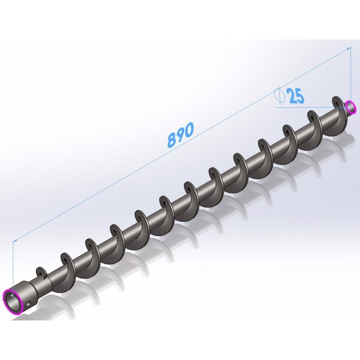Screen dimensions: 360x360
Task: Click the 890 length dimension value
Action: [181, 135]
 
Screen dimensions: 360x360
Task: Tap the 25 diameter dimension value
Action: [296, 96]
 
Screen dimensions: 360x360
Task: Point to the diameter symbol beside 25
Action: [280, 94]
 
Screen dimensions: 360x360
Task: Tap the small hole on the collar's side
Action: [28, 305]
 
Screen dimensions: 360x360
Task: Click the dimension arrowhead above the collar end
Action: [15, 240]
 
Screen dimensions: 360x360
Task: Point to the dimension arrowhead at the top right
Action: [349, 48]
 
